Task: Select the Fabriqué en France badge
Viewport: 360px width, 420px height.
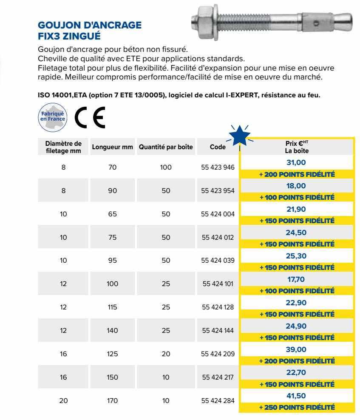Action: (53, 116)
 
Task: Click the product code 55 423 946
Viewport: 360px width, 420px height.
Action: (218, 167)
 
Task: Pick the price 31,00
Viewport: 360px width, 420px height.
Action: (297, 162)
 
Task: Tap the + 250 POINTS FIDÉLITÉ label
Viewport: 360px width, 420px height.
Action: (297, 407)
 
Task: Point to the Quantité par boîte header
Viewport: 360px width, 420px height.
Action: (166, 147)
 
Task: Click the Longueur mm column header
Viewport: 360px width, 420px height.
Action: (112, 147)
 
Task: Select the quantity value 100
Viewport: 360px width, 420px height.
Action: (166, 167)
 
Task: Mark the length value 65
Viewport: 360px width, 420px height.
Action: (112, 214)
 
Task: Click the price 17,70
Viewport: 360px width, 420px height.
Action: (297, 279)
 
